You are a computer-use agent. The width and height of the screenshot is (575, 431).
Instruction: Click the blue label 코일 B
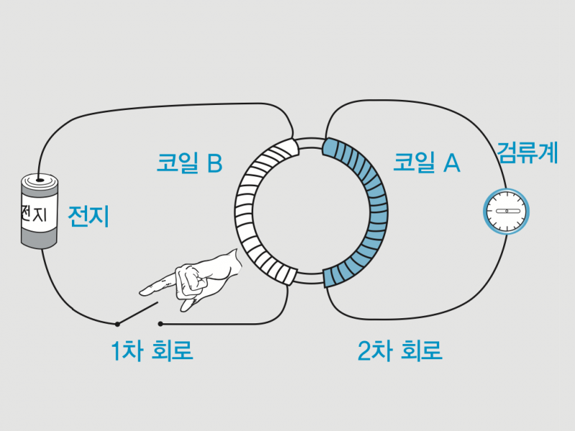tap(190, 163)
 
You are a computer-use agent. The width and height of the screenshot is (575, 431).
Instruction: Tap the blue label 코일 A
tap(426, 163)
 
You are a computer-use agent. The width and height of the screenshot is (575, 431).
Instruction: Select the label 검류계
tap(528, 153)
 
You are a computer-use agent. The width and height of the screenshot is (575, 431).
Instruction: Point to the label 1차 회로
tap(152, 351)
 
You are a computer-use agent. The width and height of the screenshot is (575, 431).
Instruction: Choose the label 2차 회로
tap(400, 351)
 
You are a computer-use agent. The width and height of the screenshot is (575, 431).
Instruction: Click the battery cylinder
tap(37, 212)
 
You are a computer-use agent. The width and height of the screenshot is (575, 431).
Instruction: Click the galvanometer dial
tap(507, 211)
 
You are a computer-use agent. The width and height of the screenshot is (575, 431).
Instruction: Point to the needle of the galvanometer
tap(507, 211)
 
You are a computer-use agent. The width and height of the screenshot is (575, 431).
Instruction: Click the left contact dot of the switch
tap(116, 324)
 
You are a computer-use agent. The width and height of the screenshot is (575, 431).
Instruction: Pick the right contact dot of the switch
tap(160, 324)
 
